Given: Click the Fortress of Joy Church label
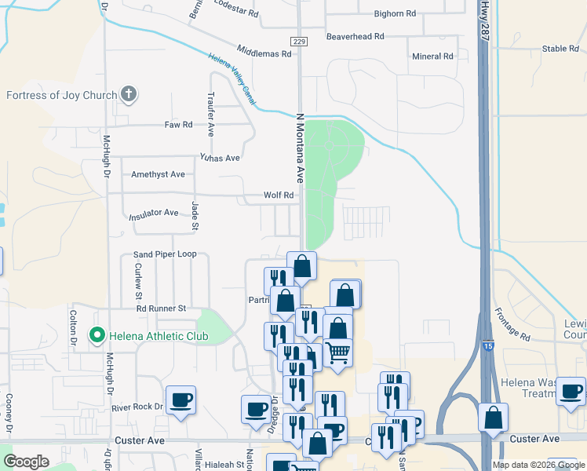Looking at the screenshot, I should [x=61, y=96].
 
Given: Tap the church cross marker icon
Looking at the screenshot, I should [x=129, y=95].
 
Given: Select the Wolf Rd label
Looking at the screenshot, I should [x=278, y=195].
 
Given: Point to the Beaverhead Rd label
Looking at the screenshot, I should [x=355, y=37].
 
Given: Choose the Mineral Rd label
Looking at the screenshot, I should [x=433, y=57].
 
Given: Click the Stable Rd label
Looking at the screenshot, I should [x=560, y=49].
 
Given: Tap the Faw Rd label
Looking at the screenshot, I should [x=178, y=125].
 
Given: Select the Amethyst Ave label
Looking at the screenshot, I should [x=158, y=174].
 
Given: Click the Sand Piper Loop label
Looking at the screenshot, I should [x=165, y=254].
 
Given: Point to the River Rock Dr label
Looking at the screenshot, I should [x=136, y=407].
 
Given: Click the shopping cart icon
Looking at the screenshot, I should [x=337, y=352].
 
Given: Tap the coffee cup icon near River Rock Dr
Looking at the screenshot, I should [x=180, y=400].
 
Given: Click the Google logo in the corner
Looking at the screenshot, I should [x=26, y=462].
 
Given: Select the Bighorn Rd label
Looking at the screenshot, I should [x=395, y=13].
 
